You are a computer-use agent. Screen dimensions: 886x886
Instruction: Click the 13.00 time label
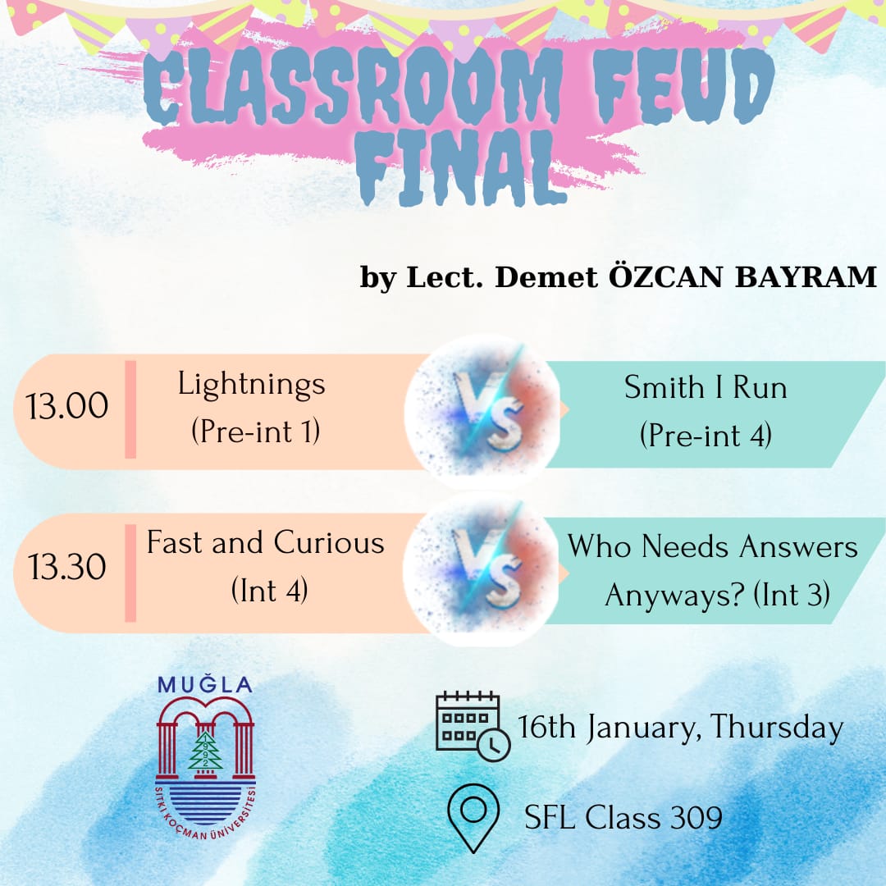click(x=66, y=406)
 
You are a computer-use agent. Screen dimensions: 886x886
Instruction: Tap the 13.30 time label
click(x=66, y=567)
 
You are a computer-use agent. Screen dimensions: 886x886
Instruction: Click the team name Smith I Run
click(x=706, y=387)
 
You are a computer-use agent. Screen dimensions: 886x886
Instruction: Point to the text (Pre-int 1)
click(x=255, y=432)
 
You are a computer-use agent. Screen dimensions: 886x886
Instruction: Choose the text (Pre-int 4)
click(x=706, y=436)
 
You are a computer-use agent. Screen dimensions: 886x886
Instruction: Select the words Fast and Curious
click(x=266, y=543)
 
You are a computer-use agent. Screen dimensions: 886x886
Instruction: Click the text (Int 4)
click(x=270, y=591)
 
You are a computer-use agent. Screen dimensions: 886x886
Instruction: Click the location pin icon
click(x=473, y=818)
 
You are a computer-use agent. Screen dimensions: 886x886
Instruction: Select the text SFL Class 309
click(x=623, y=818)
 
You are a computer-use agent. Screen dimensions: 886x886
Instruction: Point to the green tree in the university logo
click(x=205, y=751)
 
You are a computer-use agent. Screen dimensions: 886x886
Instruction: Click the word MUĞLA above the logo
click(x=205, y=685)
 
